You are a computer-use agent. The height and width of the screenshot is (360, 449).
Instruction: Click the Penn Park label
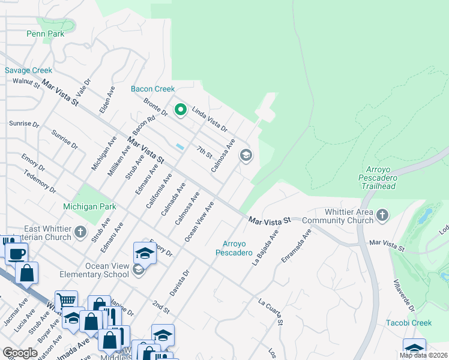[45, 34]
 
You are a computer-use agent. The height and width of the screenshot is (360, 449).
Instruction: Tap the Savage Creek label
[29, 70]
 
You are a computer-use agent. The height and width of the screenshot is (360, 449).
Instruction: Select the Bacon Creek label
[152, 89]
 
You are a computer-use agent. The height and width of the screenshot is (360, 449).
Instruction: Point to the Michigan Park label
[89, 207]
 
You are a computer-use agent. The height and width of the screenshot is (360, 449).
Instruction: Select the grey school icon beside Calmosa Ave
[246, 155]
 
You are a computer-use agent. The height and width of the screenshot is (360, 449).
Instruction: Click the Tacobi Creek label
[408, 323]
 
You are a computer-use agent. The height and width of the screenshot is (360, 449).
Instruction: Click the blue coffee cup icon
[16, 253]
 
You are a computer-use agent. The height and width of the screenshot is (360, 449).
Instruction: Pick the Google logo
[20, 353]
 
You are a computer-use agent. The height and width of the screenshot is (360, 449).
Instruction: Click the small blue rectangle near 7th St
[180, 147]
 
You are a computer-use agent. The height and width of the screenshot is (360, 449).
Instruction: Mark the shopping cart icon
[66, 300]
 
